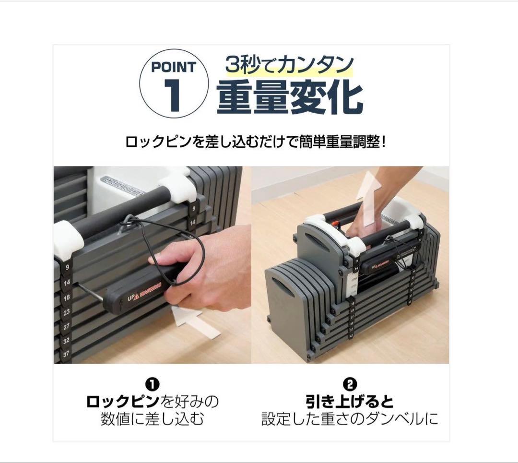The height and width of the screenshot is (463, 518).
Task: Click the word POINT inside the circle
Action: click(173, 67)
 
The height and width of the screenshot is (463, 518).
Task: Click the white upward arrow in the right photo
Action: click(370, 196)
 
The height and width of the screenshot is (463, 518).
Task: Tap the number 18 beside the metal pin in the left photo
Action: click(67, 297)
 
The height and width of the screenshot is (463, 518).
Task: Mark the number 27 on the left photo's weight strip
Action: click(67, 326)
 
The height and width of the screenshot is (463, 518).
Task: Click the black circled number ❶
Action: click(152, 384)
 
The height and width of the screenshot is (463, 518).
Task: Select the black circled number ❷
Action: click(350, 384)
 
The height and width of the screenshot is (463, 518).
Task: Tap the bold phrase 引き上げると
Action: click(350, 401)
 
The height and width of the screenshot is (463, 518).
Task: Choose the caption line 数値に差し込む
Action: click(152, 419)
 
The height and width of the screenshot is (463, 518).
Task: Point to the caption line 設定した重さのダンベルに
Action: click(350, 419)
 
